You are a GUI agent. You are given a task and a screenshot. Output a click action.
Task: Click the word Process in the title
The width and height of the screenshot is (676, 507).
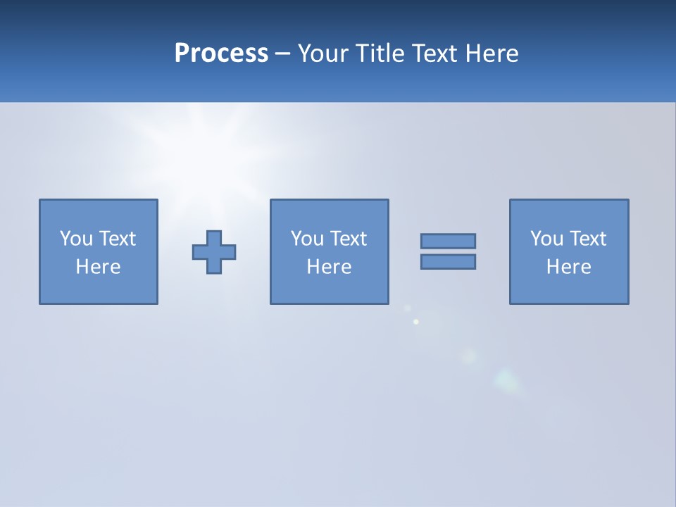click(221, 54)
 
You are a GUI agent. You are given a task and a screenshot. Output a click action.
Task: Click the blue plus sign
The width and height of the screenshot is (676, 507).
click(214, 252)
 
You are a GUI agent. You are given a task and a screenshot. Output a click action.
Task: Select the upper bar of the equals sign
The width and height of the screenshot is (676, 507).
click(448, 241)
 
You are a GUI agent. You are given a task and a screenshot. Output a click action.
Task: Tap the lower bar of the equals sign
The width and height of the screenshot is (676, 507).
click(448, 262)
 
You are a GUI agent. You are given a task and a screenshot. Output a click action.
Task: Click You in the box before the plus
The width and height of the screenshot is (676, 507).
click(76, 239)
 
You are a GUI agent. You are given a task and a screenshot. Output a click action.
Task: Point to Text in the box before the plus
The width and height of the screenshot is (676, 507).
click(117, 239)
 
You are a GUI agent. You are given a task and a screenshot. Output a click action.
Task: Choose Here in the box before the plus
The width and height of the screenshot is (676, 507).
click(98, 267)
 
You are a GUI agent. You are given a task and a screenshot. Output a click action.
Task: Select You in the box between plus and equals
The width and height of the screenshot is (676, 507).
click(307, 239)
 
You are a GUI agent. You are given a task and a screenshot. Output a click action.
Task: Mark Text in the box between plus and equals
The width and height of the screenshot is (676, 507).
click(348, 239)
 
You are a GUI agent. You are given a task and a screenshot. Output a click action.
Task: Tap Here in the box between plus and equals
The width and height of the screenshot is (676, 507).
click(329, 267)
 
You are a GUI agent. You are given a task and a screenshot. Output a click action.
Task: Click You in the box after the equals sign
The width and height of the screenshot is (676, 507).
click(546, 239)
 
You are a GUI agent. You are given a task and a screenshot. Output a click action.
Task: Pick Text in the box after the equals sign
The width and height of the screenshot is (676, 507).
click(587, 239)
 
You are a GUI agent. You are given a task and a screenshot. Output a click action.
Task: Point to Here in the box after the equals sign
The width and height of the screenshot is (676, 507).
click(568, 267)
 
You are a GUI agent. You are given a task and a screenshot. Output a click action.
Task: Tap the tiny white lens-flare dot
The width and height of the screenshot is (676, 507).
click(416, 322)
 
